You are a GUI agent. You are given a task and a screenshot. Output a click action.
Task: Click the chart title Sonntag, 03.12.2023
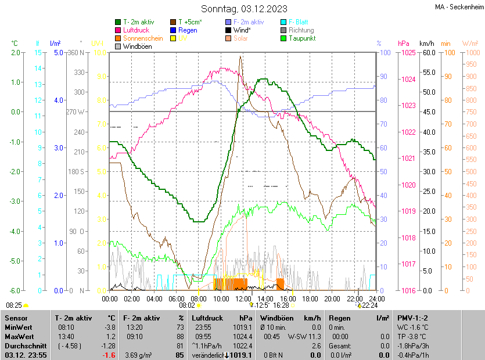(243, 9)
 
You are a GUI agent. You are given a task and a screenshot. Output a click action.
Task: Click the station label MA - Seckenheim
(458, 6)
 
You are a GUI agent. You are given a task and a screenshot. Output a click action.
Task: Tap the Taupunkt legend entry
(301, 38)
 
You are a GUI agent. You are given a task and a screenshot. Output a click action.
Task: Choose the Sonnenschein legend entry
(143, 38)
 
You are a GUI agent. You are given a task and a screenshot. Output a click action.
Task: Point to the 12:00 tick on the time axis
(243, 298)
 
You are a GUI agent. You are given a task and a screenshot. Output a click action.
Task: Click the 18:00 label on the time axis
(310, 298)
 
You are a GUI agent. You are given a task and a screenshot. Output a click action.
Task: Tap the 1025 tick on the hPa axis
(408, 53)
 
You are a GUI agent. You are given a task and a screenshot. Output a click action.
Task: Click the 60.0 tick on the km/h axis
(428, 53)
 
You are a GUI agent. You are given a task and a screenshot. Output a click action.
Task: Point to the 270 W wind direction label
(76, 111)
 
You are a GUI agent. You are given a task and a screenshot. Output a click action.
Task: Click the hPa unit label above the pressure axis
(403, 44)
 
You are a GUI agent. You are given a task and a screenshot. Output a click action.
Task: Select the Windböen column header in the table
(276, 318)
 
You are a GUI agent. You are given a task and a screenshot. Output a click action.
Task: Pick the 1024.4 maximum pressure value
(241, 337)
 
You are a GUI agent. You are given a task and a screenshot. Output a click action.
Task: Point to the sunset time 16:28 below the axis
(281, 305)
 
